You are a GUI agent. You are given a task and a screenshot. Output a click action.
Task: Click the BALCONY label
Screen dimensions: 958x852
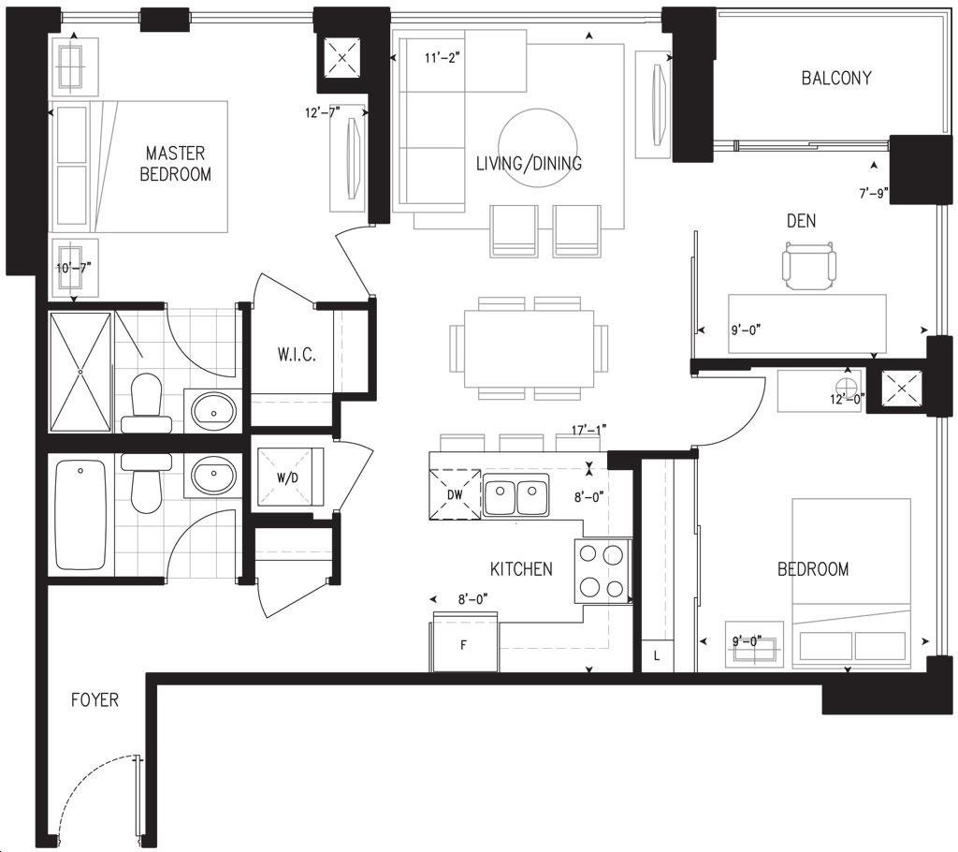(x=835, y=78)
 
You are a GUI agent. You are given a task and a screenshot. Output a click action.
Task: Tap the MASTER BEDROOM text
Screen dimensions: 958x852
(x=175, y=163)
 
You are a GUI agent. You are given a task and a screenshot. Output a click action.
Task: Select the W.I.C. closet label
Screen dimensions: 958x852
(x=297, y=354)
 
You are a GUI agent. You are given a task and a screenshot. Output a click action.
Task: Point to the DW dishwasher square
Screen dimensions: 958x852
(x=456, y=494)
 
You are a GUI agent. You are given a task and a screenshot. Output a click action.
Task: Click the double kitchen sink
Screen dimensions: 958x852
(x=516, y=497)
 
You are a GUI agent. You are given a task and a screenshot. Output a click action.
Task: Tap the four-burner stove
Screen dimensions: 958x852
(x=602, y=571)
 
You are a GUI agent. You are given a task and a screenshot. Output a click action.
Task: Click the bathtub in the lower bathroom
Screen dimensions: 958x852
(x=80, y=515)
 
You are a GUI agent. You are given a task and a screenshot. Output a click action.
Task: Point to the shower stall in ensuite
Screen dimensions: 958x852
(x=80, y=373)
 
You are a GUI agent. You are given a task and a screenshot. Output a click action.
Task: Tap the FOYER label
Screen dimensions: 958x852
(x=94, y=699)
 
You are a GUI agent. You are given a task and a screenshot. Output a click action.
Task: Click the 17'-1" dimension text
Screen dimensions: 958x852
(x=589, y=431)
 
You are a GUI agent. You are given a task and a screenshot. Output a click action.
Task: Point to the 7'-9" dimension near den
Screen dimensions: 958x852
(x=874, y=194)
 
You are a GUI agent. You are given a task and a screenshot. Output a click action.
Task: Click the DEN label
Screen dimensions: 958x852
(x=801, y=221)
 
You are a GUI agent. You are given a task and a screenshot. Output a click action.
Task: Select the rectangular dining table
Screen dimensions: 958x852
(x=529, y=348)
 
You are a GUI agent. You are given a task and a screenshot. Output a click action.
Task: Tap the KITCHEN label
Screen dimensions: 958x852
(x=521, y=569)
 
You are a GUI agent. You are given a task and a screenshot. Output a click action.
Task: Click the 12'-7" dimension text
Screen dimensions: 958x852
(x=323, y=112)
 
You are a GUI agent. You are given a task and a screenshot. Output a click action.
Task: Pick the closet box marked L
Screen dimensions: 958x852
(x=657, y=656)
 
